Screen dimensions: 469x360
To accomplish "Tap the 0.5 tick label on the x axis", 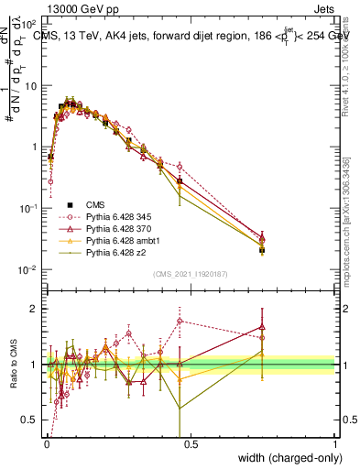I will [x=191, y=443].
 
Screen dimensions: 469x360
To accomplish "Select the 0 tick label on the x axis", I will [x=46, y=443].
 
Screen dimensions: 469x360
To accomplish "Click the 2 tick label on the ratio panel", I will [x=35, y=309].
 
